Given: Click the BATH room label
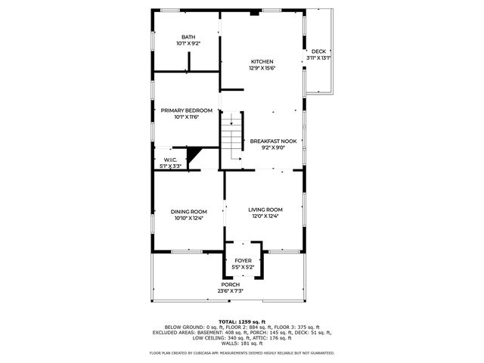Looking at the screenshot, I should [x=188, y=37].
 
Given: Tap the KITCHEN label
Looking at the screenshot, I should [x=262, y=61].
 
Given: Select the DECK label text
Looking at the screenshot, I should [x=318, y=51].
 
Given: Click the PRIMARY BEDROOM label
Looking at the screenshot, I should [x=186, y=110].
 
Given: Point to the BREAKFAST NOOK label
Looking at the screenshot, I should [x=272, y=141].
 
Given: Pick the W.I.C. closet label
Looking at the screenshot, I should [x=170, y=159].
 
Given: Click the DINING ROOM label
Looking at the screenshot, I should [x=188, y=211].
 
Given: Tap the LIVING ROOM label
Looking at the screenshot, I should [x=266, y=209].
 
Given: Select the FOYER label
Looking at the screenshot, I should [x=242, y=260].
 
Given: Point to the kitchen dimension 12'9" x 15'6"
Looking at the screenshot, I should [x=262, y=68].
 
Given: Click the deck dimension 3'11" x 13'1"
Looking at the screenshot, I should [x=318, y=57].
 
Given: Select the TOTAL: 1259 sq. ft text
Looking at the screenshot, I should [x=242, y=321].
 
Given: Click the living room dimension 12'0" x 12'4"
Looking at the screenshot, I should [x=266, y=216].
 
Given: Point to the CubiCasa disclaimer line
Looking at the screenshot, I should [x=242, y=352].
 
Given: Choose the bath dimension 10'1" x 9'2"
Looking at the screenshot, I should [x=188, y=44].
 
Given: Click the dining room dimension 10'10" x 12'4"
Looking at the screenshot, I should [x=188, y=218].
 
